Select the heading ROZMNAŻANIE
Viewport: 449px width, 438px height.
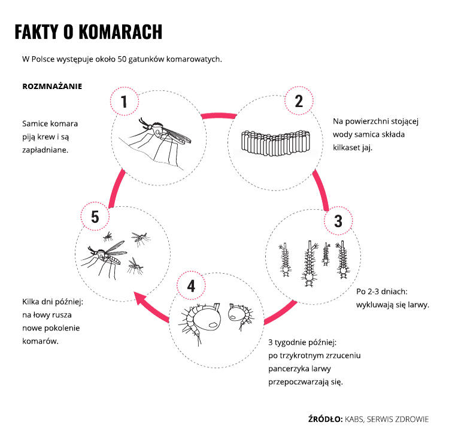[52, 86]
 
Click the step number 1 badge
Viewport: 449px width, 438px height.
[125, 102]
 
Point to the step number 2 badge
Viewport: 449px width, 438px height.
[298, 101]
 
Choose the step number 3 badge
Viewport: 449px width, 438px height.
[338, 222]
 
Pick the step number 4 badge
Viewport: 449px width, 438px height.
[192, 286]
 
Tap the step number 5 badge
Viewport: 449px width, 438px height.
[95, 217]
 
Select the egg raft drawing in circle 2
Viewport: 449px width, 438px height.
[276, 142]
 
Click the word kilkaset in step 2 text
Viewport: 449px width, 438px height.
[348, 148]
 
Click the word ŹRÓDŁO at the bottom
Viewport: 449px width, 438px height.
[324, 419]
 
